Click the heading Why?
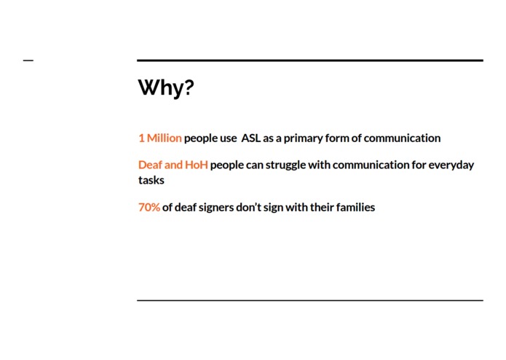point(166,87)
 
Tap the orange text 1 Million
point(160,138)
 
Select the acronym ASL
point(250,138)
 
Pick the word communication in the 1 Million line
point(402,138)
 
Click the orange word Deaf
point(150,165)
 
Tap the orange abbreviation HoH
point(197,165)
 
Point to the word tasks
point(151,180)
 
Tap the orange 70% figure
point(149,207)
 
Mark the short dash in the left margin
point(28,60)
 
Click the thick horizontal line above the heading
point(310,60)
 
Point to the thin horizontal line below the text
point(310,300)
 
